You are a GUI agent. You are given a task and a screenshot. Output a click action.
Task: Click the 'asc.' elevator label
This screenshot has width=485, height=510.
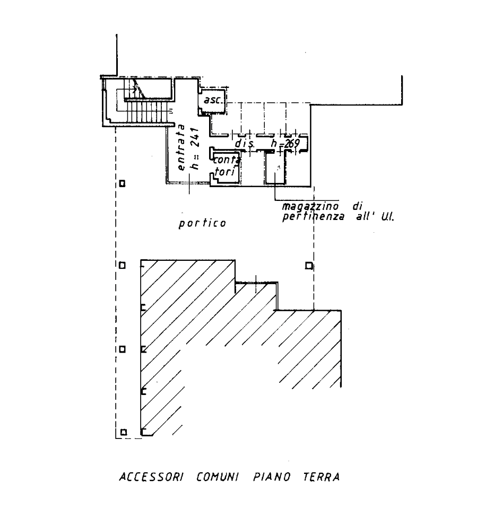(x=212, y=100)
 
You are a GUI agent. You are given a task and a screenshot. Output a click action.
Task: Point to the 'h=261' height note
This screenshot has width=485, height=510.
(x=194, y=150)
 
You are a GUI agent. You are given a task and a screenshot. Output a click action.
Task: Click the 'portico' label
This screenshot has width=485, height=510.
(x=202, y=223)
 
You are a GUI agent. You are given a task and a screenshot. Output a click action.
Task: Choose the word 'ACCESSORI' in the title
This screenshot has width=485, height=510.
(x=150, y=477)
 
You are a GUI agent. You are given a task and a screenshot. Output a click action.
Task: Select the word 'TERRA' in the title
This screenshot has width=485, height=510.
(x=321, y=477)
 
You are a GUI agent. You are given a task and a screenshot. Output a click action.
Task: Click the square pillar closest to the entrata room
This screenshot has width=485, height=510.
(x=122, y=184)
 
